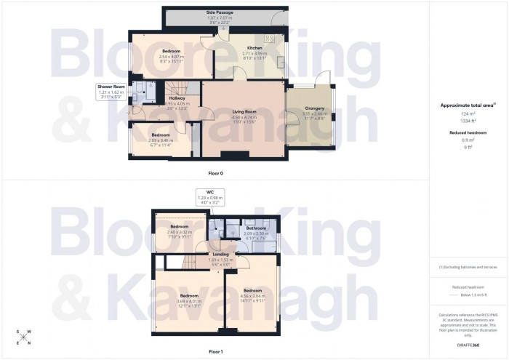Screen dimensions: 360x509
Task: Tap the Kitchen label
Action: coord(254,48)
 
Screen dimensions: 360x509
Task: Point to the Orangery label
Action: coord(314,108)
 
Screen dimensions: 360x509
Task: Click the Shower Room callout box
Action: coord(111,91)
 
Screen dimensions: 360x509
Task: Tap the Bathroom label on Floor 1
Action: coord(256,228)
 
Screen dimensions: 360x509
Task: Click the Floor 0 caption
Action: coord(216,172)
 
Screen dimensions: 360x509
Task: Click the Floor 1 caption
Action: coord(216,351)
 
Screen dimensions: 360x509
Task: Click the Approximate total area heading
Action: coord(468,105)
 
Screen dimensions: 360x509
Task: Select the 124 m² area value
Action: coord(468,114)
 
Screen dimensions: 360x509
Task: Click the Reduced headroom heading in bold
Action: coord(468,133)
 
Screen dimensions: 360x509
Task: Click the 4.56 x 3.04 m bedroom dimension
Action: coord(252,297)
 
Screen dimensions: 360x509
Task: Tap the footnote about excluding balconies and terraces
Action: coord(468,267)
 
